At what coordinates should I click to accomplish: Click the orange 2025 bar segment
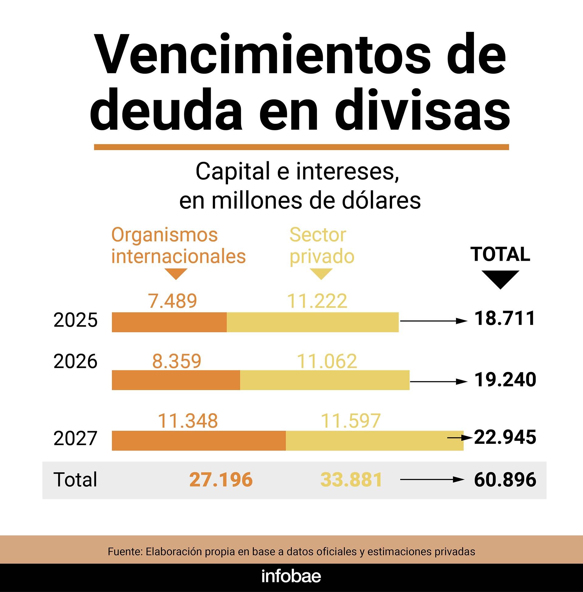[x=169, y=322]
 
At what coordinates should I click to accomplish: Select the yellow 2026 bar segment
[x=325, y=380]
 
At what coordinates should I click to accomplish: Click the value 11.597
[x=350, y=421]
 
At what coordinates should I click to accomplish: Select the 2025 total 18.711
[x=505, y=318]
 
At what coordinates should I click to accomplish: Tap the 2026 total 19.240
[x=505, y=379]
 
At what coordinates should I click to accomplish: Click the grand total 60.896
[x=505, y=480]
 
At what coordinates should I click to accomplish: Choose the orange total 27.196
[x=221, y=480]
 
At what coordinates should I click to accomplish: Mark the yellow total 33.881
[x=351, y=480]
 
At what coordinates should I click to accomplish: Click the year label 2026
[x=75, y=362]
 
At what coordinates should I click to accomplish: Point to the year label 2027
[x=75, y=438]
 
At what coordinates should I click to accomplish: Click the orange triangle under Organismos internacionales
[x=176, y=273]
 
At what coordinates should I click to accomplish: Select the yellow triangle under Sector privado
[x=321, y=273]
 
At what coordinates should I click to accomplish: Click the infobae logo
[x=291, y=577]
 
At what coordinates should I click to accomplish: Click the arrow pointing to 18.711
[x=434, y=321]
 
